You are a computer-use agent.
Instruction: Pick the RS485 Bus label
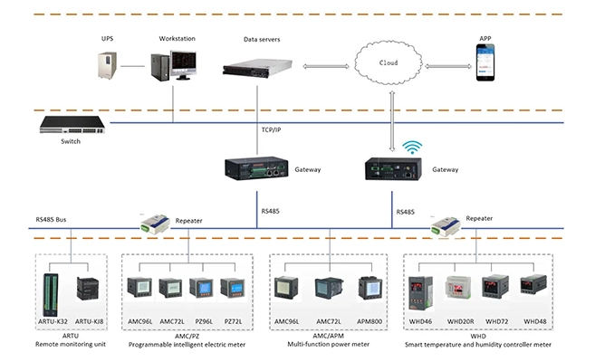coord(53,218)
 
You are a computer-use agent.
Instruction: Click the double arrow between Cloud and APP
coord(445,66)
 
